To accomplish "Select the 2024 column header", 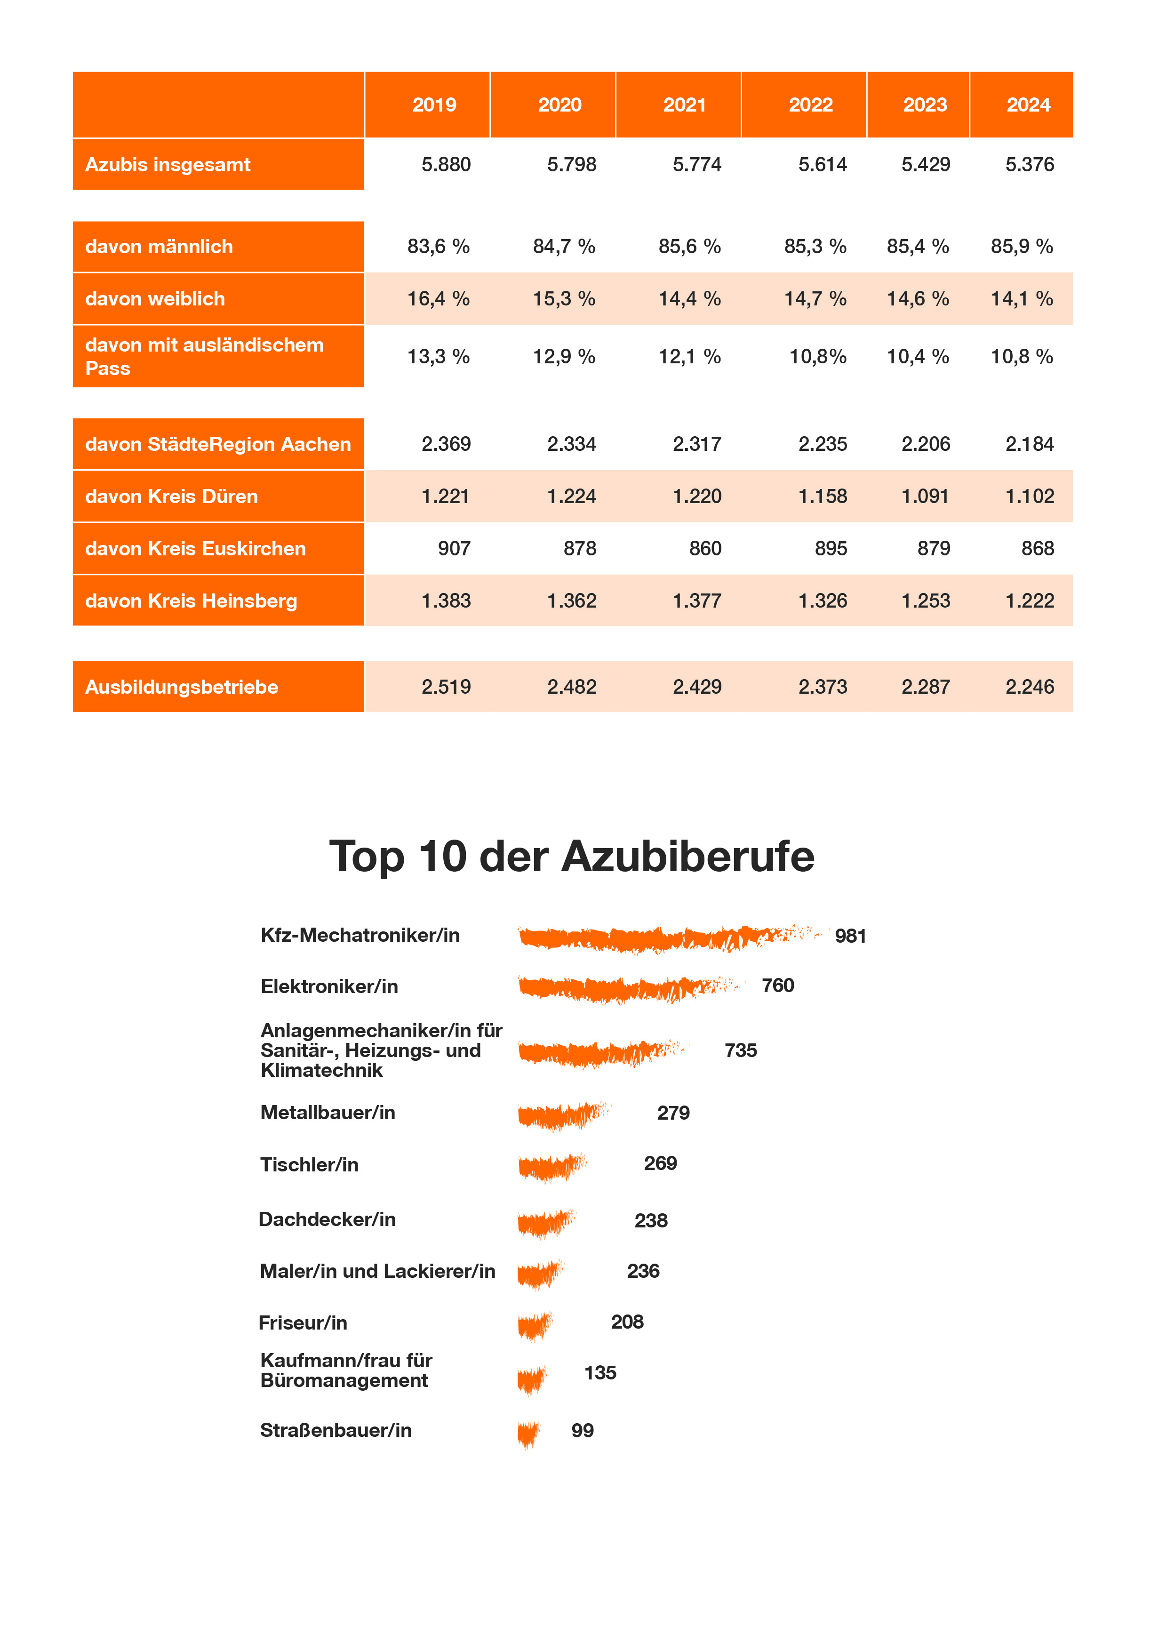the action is click(1028, 105).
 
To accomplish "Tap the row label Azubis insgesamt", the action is click(168, 165).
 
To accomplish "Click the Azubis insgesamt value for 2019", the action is click(446, 165).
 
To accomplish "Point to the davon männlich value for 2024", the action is click(1021, 247).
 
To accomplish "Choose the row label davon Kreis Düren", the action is click(171, 496).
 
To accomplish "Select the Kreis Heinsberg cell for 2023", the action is click(926, 601).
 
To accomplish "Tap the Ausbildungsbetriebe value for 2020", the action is click(572, 687).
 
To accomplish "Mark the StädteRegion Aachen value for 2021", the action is click(697, 444).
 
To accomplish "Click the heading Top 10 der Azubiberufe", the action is click(572, 857).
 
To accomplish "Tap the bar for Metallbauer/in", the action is click(563, 1114).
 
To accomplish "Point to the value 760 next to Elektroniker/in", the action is click(778, 985).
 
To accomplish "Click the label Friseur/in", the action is click(303, 1322).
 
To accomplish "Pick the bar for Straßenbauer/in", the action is click(528, 1433).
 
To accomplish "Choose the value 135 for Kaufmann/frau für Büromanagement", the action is click(600, 1373).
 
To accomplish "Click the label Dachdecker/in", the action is click(327, 1219).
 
